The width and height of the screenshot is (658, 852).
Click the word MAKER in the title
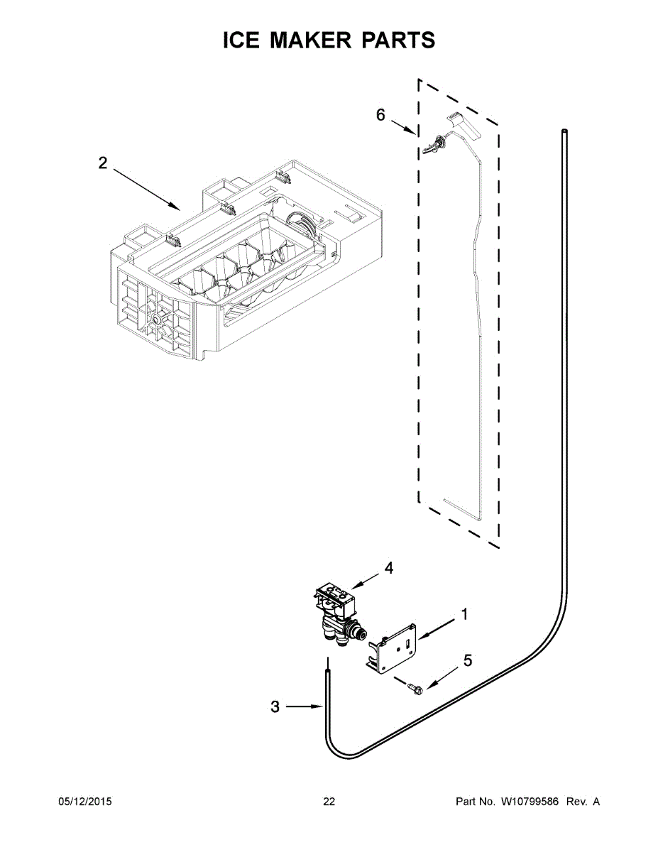click(x=309, y=40)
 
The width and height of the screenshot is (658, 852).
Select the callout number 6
click(x=380, y=115)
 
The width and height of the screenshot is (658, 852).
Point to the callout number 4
click(x=388, y=567)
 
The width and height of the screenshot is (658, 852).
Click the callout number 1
click(x=464, y=615)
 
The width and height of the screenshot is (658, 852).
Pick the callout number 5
click(x=467, y=661)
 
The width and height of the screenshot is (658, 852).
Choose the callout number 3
click(x=275, y=706)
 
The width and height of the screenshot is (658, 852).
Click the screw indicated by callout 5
click(x=415, y=687)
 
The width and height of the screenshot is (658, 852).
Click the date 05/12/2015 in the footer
click(x=84, y=802)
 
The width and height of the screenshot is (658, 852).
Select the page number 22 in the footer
click(x=329, y=802)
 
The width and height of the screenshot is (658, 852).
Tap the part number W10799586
click(x=530, y=802)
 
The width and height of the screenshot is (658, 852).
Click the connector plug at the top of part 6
click(x=432, y=144)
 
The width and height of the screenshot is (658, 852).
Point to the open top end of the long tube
click(x=564, y=131)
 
